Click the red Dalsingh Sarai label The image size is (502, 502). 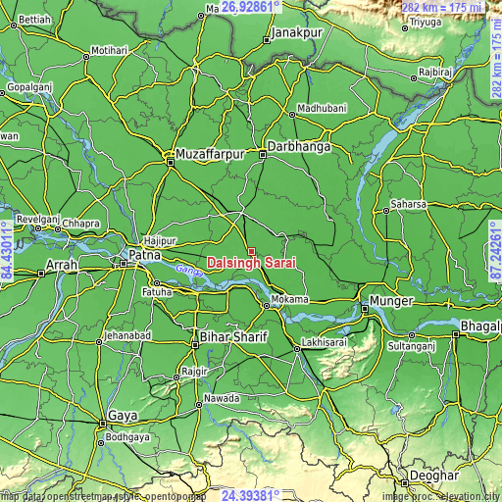pyautogui.click(x=254, y=264)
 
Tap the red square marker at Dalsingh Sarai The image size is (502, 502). pyautogui.click(x=251, y=251)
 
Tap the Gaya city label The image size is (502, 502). pyautogui.click(x=123, y=416)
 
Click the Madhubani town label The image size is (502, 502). pyautogui.click(x=322, y=108)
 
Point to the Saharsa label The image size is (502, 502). pyautogui.click(x=409, y=204)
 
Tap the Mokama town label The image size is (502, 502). pyautogui.click(x=290, y=299)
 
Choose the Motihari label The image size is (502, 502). pyautogui.click(x=109, y=50)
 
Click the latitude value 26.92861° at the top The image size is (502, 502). pyautogui.click(x=251, y=7)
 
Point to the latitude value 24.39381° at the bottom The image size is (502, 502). pyautogui.click(x=251, y=494)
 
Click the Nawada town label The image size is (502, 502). pyautogui.click(x=223, y=399)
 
